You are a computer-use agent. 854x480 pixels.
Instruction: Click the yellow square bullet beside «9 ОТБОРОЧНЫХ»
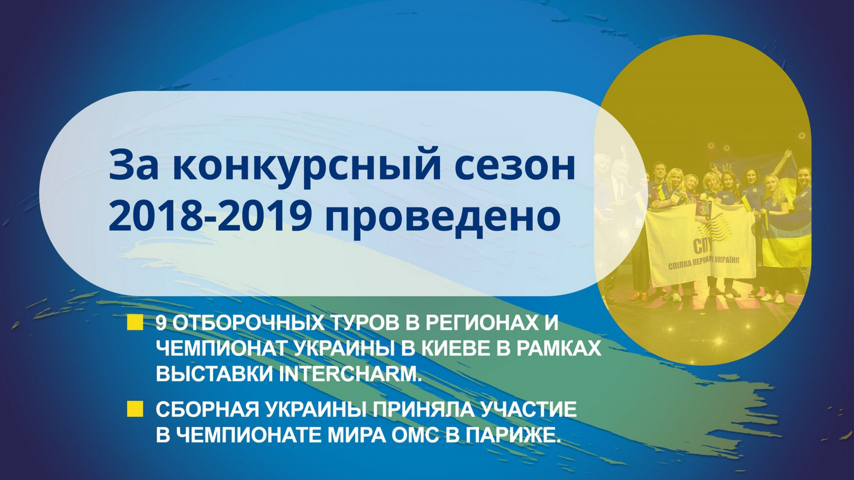click(x=135, y=323)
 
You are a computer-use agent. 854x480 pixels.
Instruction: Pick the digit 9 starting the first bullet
click(x=161, y=323)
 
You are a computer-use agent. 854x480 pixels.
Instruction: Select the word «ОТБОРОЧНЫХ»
click(x=248, y=323)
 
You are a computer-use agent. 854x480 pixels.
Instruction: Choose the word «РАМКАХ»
click(x=559, y=349)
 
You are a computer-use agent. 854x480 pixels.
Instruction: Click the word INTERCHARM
click(x=350, y=374)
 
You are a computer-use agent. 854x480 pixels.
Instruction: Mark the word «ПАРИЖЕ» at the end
click(x=513, y=435)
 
